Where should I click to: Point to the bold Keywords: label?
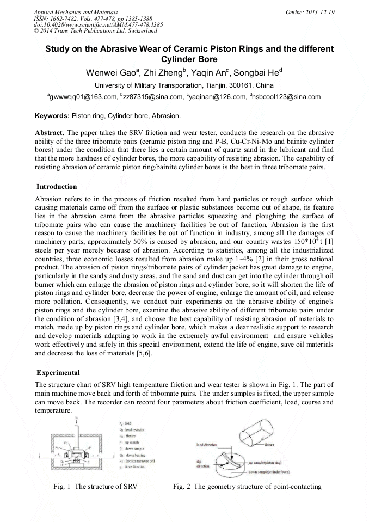click(52, 116)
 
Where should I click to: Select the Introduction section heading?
click(57, 187)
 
